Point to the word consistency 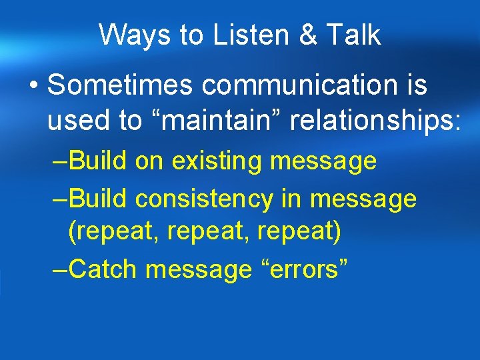tap(220, 199)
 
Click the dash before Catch tap(59, 270)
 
